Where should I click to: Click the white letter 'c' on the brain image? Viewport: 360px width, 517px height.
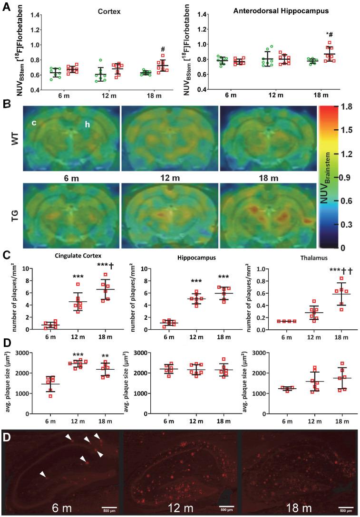point(35,123)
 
